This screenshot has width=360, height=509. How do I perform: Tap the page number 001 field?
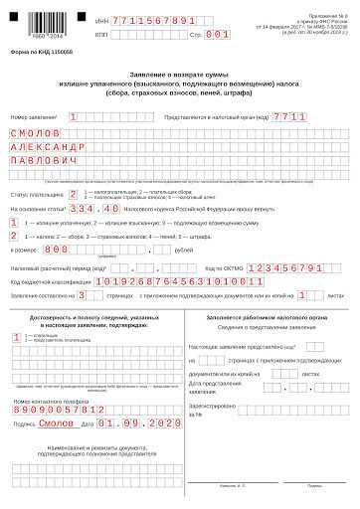click(218, 33)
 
